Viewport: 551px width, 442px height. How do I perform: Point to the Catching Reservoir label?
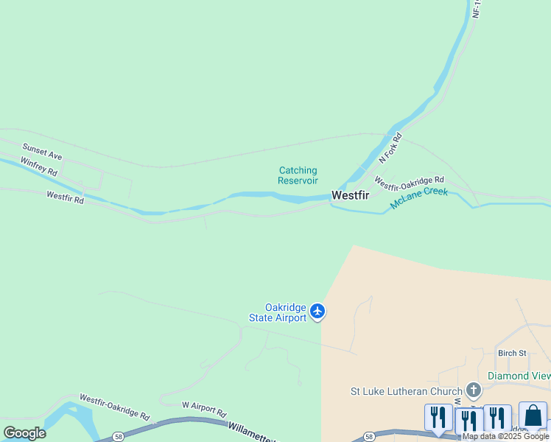coord(298,175)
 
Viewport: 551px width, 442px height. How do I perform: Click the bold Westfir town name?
coord(350,195)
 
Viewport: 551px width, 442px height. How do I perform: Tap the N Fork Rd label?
coord(390,147)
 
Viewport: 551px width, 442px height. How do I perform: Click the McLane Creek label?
coord(418,197)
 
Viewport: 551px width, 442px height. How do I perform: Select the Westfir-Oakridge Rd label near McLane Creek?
coord(409,180)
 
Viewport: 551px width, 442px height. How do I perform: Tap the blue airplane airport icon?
coord(317,312)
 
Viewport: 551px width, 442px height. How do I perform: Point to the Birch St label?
coord(512,353)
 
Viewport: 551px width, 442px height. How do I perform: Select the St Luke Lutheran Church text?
coord(405,390)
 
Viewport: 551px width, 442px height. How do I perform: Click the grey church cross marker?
coord(473,390)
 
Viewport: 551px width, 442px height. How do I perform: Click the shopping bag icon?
coord(533,416)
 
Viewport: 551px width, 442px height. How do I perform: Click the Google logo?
coord(24,433)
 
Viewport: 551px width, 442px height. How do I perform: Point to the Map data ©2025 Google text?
coord(506,437)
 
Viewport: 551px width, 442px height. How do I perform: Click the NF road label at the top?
coord(476,9)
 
